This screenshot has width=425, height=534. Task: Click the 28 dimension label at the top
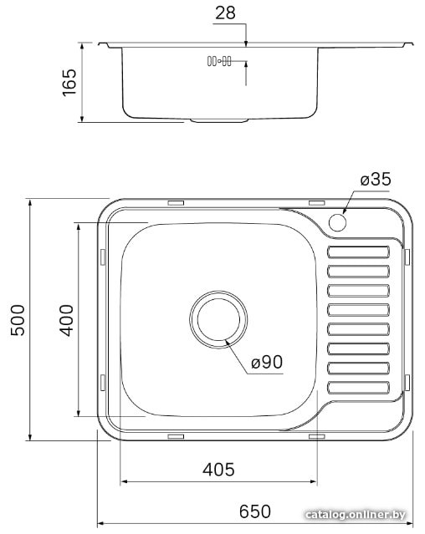tap(225, 13)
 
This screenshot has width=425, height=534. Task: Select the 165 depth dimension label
tap(70, 83)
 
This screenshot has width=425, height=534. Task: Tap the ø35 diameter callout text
tap(376, 179)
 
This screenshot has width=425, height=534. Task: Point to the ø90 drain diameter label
tap(267, 362)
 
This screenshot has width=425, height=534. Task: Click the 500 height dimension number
tap(18, 320)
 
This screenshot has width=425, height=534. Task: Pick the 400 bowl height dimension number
tap(66, 320)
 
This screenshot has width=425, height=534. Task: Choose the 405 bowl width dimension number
tap(218, 470)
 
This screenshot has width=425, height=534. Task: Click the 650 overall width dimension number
tap(255, 511)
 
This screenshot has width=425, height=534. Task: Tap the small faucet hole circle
tap(337, 222)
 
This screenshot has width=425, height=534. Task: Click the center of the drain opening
tap(218, 319)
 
